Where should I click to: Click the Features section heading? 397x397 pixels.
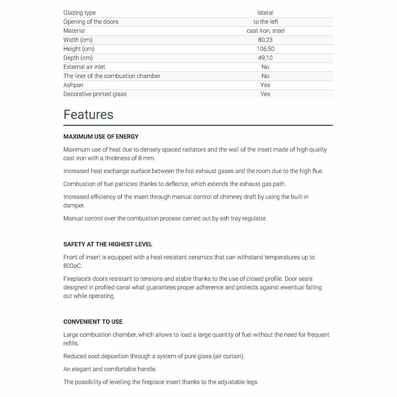pyautogui.click(x=89, y=114)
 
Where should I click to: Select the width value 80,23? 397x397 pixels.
pyautogui.click(x=265, y=40)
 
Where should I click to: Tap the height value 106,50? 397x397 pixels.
pyautogui.click(x=265, y=49)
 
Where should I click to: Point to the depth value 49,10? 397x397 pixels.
pyautogui.click(x=265, y=58)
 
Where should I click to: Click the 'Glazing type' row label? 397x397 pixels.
pyautogui.click(x=79, y=13)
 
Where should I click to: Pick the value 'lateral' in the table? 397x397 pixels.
pyautogui.click(x=265, y=13)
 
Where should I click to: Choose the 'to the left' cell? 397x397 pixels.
pyautogui.click(x=266, y=21)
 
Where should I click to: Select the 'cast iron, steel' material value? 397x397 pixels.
pyautogui.click(x=266, y=31)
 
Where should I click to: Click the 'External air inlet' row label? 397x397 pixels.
pyautogui.click(x=84, y=67)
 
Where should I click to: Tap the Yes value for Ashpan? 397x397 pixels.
pyautogui.click(x=265, y=85)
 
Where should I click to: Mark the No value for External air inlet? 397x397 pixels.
pyautogui.click(x=265, y=67)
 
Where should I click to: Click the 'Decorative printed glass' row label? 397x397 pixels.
pyautogui.click(x=95, y=94)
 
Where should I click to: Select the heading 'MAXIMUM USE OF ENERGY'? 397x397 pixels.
pyautogui.click(x=101, y=137)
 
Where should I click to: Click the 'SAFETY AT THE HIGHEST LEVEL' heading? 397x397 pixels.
pyautogui.click(x=108, y=244)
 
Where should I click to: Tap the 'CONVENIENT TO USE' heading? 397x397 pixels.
pyautogui.click(x=93, y=322)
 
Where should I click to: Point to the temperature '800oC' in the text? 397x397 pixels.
pyautogui.click(x=73, y=266)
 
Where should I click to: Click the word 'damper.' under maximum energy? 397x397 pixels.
pyautogui.click(x=74, y=206)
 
